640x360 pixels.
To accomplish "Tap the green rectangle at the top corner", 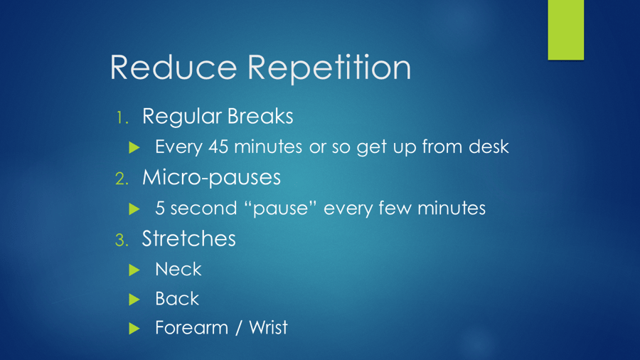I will pos(565,30).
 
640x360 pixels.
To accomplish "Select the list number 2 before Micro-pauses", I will pos(122,178).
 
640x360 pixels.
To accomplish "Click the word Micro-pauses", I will pos(210,178).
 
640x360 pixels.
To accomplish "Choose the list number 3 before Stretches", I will pos(122,240).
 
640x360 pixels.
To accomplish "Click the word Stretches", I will pos(188,239).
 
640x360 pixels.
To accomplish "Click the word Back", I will pos(177,299).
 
